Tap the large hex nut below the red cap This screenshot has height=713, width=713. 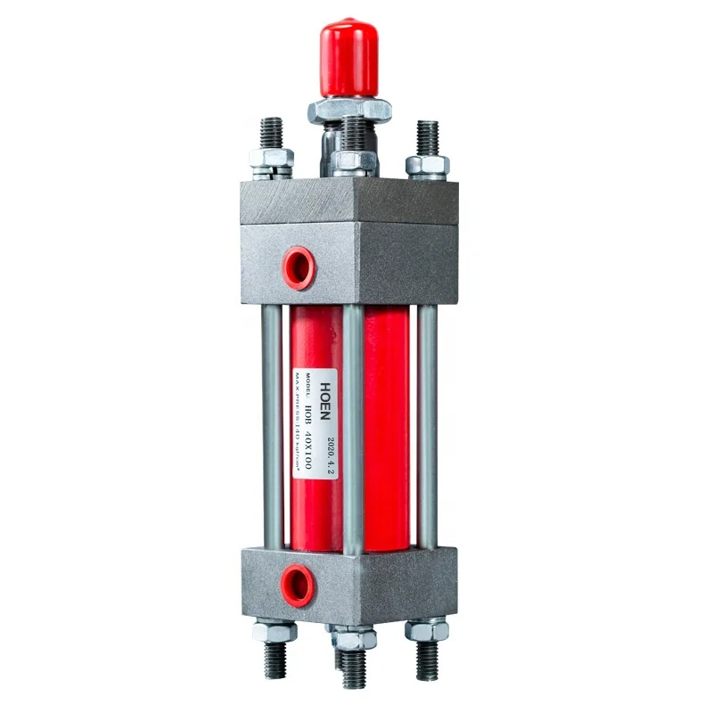(349, 110)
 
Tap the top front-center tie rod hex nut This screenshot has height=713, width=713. (354, 161)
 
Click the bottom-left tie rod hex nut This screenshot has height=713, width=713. (275, 632)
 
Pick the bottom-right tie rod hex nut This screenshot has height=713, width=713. (427, 630)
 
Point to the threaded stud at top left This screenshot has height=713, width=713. (271, 134)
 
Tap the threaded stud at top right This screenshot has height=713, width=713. (427, 137)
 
